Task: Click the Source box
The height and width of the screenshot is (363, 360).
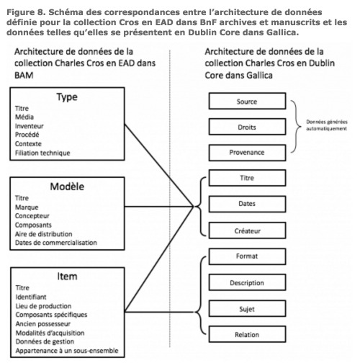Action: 247,101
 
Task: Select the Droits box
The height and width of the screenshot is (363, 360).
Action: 247,127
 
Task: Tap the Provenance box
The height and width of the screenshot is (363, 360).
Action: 247,153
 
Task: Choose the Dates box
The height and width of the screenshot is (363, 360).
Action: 247,204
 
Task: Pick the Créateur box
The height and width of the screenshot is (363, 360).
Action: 247,230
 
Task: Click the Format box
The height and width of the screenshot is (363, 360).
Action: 247,256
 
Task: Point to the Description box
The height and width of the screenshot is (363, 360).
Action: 247,283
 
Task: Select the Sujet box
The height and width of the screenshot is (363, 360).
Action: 247,309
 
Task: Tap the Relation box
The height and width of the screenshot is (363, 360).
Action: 247,334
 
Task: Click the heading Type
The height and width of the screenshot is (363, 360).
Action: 67,97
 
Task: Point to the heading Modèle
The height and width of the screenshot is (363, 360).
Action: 67,187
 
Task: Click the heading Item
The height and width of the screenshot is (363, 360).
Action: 67,277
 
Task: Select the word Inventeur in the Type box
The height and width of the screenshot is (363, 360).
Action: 30,126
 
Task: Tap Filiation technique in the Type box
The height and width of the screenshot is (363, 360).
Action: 42,153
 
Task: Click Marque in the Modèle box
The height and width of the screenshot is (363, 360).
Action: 27,207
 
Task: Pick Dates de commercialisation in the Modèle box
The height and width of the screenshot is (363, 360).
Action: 56,243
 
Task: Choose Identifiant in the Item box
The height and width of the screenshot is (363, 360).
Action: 31,297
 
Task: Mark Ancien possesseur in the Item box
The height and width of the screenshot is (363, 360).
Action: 43,324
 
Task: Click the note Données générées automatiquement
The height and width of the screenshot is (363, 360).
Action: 327,125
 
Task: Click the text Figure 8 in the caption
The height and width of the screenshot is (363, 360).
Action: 26,12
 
